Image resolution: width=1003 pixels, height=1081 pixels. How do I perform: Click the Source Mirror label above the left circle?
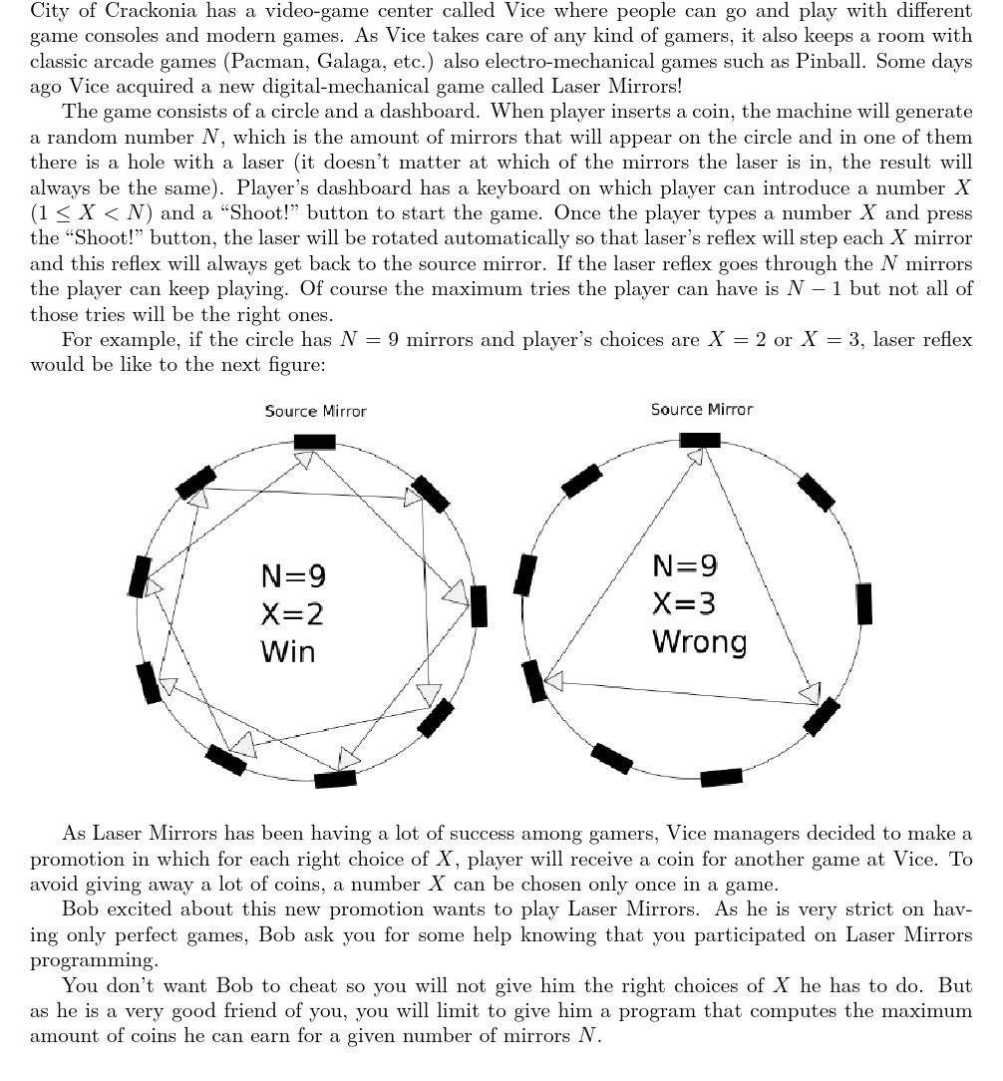coord(315,411)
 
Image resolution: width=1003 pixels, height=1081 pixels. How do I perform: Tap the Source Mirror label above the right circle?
coord(702,410)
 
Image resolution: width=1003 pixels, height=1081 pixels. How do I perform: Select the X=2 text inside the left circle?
coord(292,614)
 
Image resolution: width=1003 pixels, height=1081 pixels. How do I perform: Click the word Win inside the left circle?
coord(287,652)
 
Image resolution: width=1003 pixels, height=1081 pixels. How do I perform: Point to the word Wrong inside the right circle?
coord(699,642)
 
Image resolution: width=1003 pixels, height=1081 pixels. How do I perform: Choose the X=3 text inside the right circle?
coord(684,604)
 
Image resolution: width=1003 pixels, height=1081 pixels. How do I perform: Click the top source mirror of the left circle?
coord(315,442)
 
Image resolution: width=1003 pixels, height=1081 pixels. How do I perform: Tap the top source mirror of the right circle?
coord(700,440)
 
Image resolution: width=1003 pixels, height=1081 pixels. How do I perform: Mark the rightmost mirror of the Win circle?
coord(479,606)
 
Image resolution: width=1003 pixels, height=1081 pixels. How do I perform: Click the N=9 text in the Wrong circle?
coord(684,566)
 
